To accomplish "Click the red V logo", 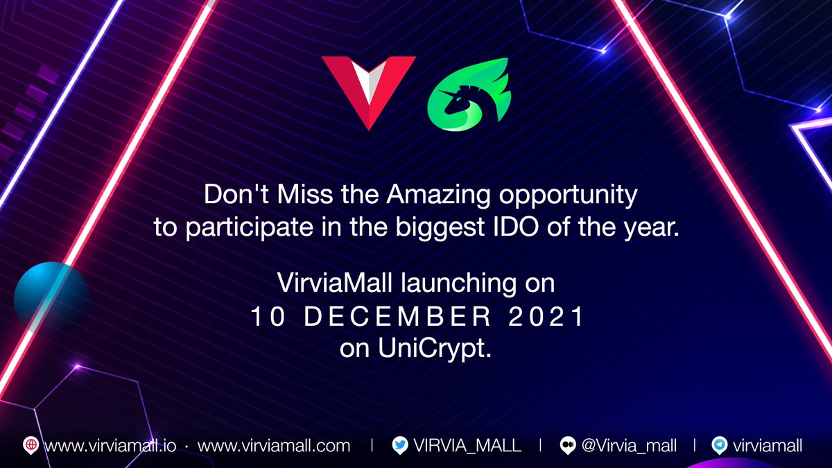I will (x=369, y=89).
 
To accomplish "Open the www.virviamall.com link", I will (x=274, y=446).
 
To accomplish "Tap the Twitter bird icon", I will (x=399, y=446).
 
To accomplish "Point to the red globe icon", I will (x=31, y=446).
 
